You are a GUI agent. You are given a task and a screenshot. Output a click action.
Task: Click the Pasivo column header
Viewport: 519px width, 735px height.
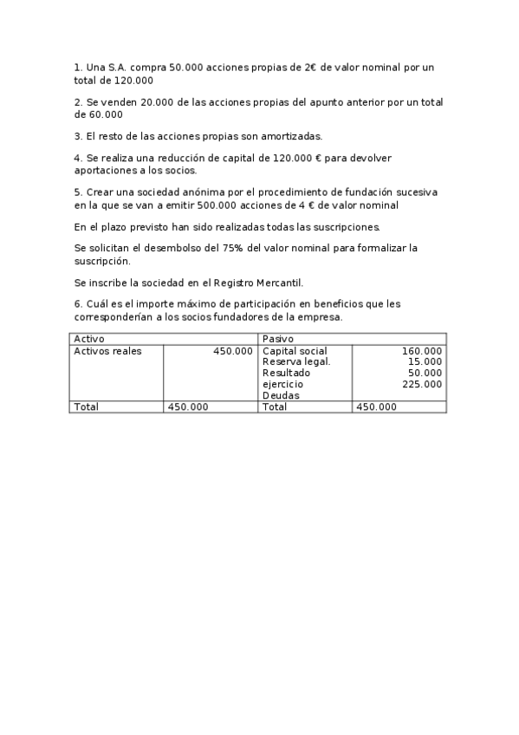(277, 338)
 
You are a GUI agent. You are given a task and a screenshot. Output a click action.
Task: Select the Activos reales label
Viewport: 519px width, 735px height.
(107, 351)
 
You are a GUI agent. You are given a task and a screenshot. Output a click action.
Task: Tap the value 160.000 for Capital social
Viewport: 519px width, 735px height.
(422, 351)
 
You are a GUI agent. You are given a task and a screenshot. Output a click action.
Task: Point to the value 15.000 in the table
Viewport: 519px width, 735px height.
(425, 361)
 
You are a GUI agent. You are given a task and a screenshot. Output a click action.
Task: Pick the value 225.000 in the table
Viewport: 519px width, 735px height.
(422, 384)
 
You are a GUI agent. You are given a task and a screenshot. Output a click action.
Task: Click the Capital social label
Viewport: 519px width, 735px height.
(295, 351)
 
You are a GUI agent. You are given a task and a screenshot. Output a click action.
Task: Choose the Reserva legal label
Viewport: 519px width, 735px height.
(296, 361)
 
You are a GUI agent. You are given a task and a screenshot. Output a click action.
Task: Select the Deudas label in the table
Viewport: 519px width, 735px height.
(281, 395)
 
